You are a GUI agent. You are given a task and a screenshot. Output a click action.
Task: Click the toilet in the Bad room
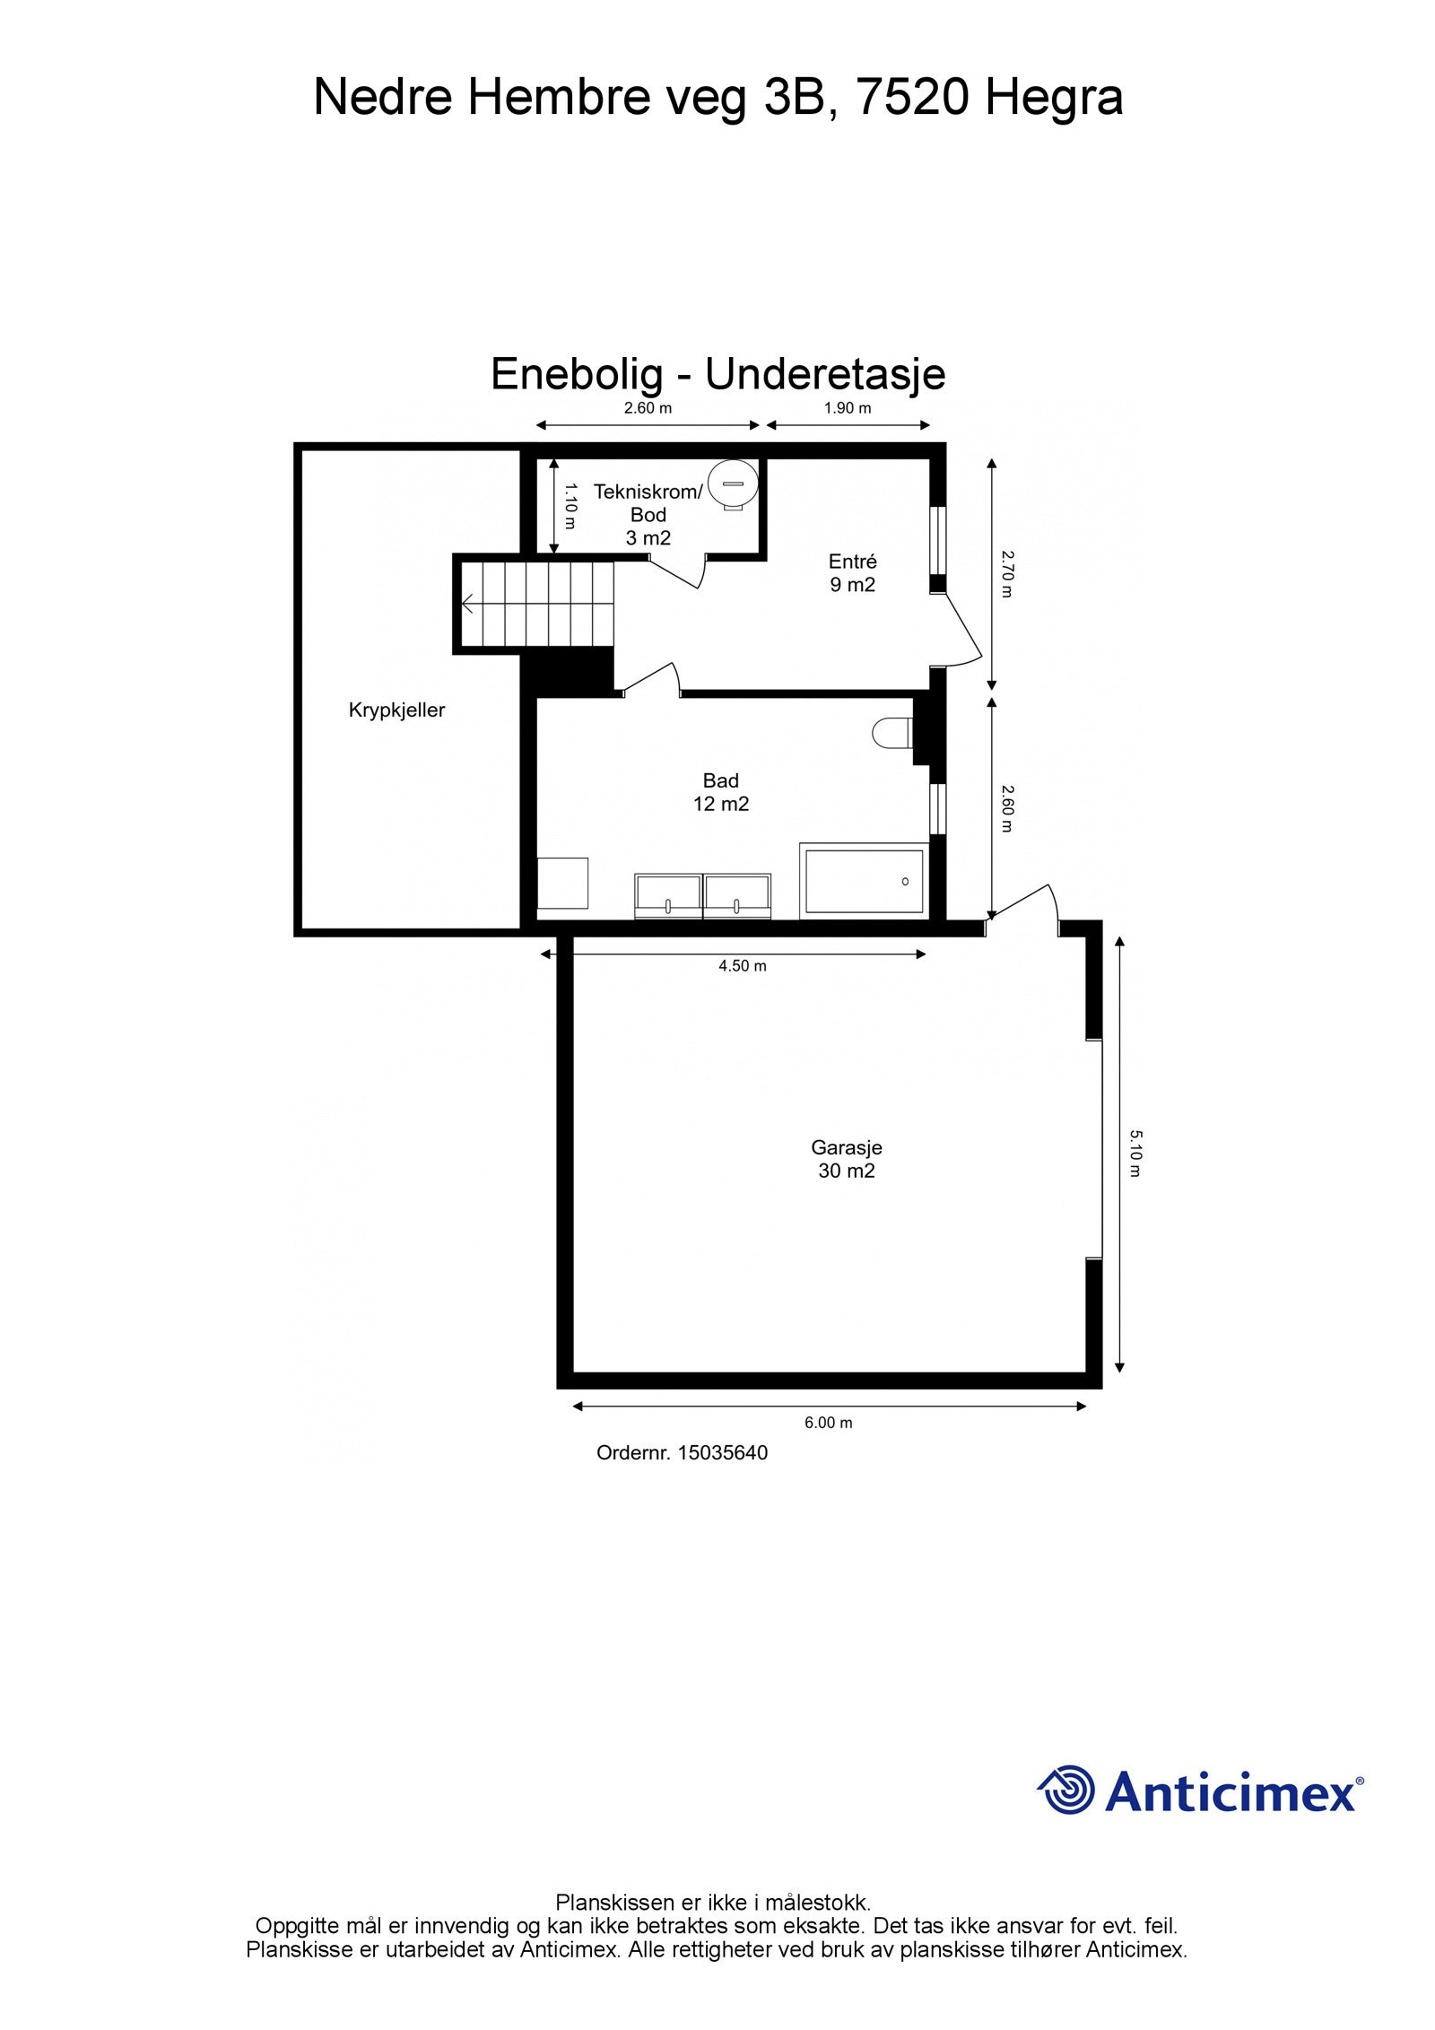click(x=891, y=732)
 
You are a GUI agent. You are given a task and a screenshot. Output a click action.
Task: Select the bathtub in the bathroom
click(x=863, y=881)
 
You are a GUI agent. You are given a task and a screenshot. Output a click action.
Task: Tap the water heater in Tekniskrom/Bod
click(x=733, y=485)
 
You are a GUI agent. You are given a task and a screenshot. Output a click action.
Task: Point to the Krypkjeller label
click(x=396, y=710)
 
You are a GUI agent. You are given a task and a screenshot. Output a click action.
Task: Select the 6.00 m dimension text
click(x=828, y=1422)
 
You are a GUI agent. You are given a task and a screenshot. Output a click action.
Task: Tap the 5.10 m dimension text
click(x=1135, y=1154)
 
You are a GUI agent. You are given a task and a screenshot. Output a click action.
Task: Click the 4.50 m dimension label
click(x=742, y=966)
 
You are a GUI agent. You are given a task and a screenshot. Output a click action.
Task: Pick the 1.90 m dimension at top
click(x=848, y=408)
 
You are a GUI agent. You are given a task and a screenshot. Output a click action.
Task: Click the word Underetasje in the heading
click(x=825, y=374)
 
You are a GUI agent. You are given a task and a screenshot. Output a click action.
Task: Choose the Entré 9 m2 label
click(x=852, y=573)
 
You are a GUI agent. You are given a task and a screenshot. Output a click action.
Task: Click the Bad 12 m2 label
click(x=720, y=792)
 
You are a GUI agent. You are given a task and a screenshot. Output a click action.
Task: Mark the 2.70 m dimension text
click(x=1006, y=573)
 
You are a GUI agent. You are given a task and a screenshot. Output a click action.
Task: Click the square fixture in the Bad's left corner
click(x=562, y=884)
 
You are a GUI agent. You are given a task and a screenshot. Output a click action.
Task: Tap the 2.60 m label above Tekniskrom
click(x=648, y=408)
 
